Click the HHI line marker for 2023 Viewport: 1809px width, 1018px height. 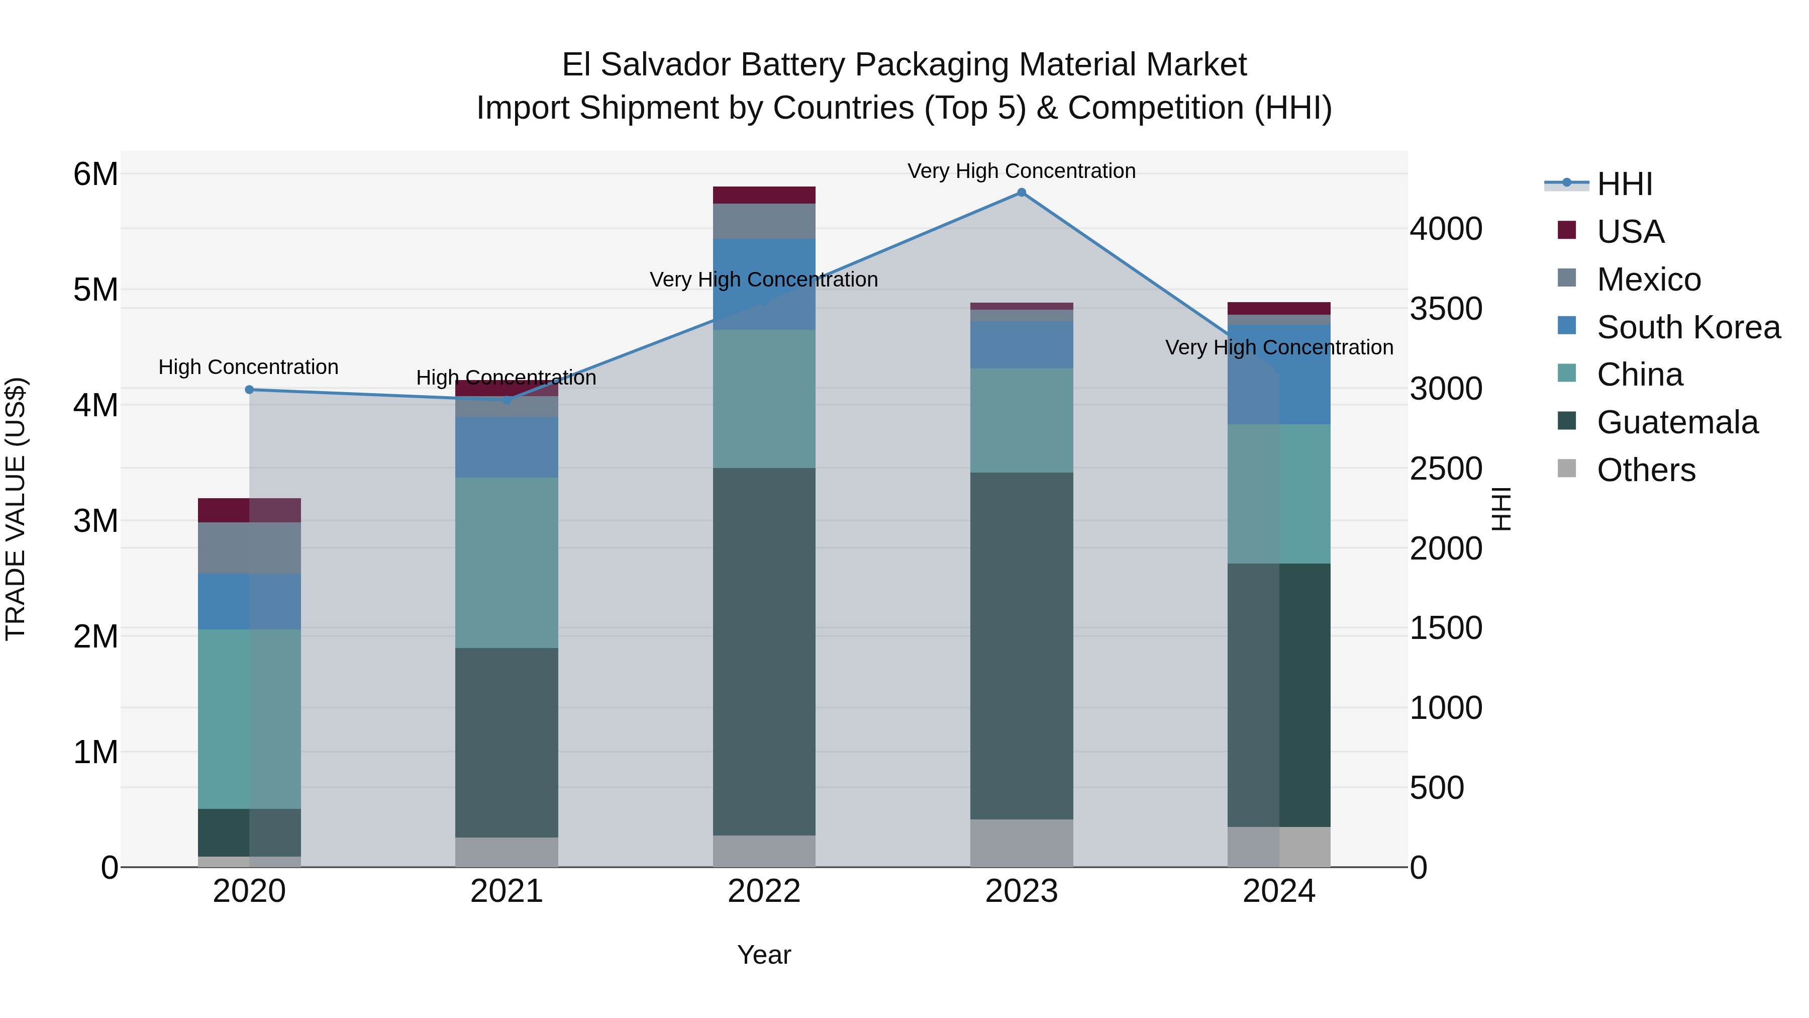tap(1021, 193)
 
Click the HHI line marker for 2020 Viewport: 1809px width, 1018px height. tap(249, 389)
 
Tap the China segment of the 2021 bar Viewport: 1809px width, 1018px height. tap(507, 562)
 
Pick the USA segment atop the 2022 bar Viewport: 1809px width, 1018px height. tap(764, 195)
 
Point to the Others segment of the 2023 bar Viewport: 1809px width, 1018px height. tap(1021, 843)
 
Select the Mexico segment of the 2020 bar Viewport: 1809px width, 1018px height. tap(249, 547)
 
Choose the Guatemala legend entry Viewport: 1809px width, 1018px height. tap(1677, 422)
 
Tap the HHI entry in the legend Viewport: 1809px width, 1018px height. tap(1624, 184)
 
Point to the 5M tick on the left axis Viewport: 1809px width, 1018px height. tap(95, 290)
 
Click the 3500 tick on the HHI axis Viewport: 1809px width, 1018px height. tap(1445, 309)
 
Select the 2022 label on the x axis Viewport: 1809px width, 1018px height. tap(764, 891)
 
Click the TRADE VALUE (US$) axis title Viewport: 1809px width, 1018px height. tap(16, 509)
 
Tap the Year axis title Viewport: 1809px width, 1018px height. tap(764, 955)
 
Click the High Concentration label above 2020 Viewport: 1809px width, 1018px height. tap(249, 367)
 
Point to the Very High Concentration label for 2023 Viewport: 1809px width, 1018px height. tap(1021, 171)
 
